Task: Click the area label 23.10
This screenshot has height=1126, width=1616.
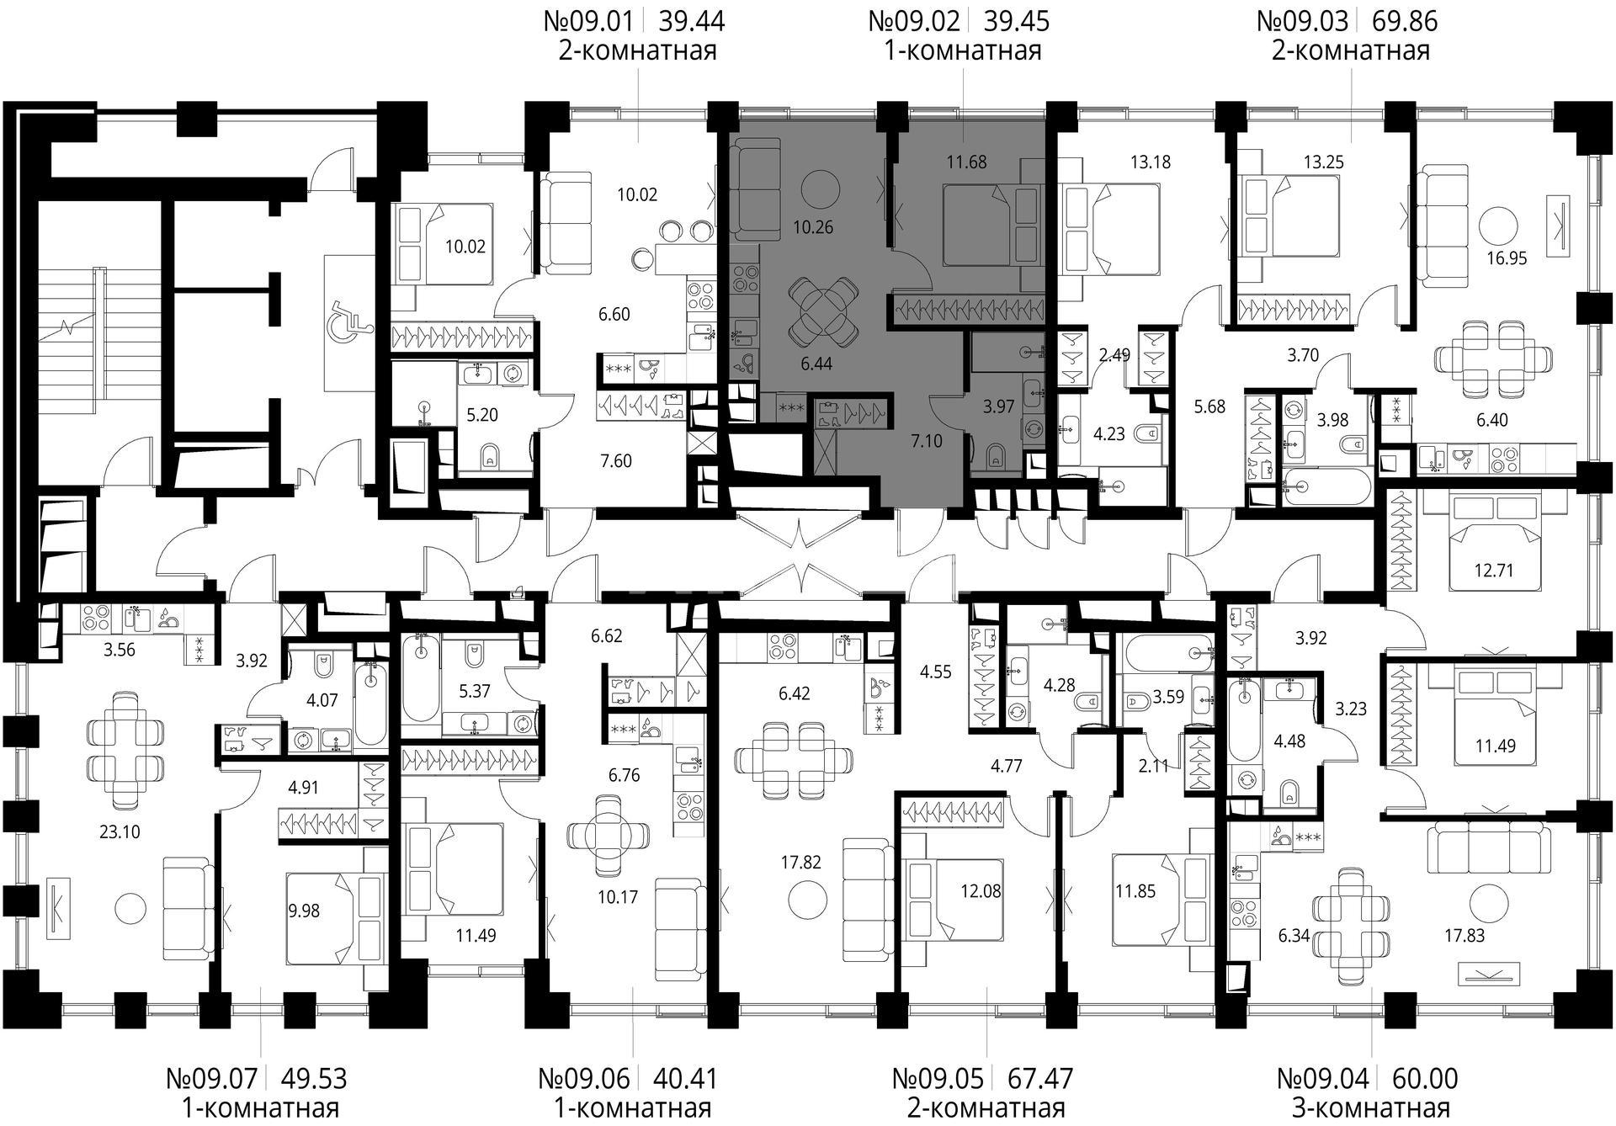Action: [120, 832]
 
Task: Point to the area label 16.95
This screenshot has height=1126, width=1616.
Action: [1507, 258]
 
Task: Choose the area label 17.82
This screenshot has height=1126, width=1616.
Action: [800, 863]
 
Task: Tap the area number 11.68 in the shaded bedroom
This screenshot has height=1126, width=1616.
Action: [966, 162]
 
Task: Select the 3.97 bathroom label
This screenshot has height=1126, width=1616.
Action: [999, 406]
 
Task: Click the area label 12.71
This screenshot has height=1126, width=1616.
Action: [1494, 571]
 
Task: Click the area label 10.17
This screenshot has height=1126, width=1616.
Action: [618, 897]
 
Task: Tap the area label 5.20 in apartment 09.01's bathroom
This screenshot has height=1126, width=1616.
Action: [482, 415]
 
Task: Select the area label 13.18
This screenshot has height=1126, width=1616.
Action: [1151, 162]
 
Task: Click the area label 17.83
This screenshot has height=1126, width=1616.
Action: [1464, 936]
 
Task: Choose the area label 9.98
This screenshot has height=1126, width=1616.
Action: [304, 911]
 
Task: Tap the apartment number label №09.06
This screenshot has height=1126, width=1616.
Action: [589, 1078]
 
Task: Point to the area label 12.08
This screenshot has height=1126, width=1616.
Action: [981, 890]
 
